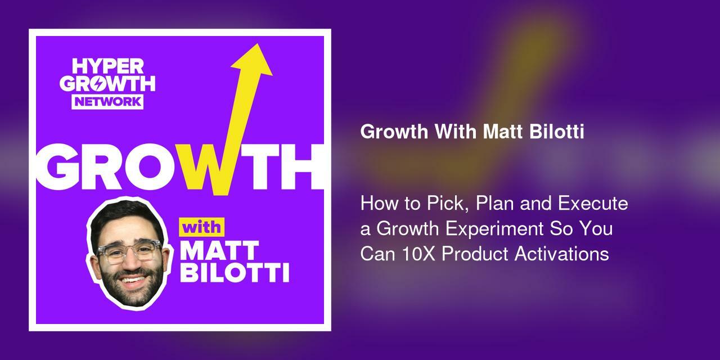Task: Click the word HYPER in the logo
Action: [x=108, y=67]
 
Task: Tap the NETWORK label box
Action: [x=108, y=102]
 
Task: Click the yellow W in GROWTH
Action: [x=211, y=168]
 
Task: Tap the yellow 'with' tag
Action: [x=201, y=228]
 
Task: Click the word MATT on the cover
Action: [x=219, y=251]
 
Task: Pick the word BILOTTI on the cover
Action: [x=235, y=273]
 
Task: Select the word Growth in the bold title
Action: [x=394, y=132]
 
